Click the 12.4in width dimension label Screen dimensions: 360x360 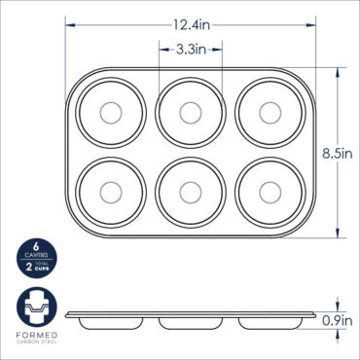[x=191, y=24]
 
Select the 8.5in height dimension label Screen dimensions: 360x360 [x=338, y=152]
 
